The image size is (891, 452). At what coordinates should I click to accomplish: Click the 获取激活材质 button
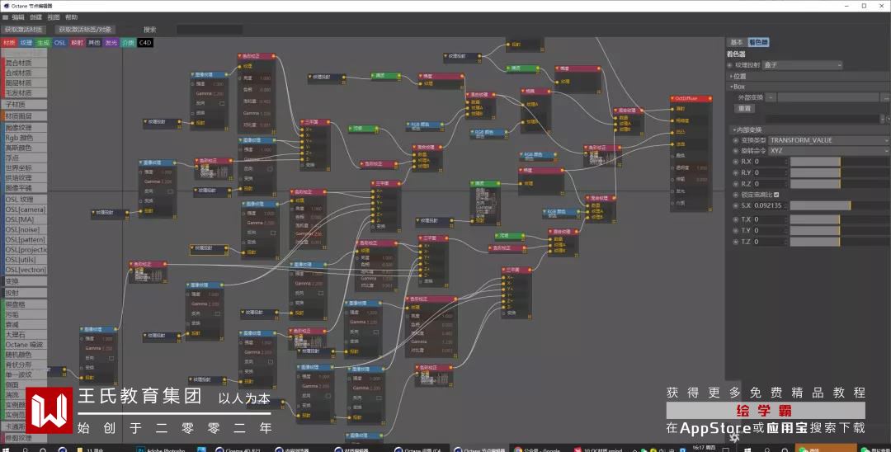click(x=23, y=30)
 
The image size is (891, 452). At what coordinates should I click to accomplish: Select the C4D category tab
click(x=145, y=42)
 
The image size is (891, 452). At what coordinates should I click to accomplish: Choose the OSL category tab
click(x=60, y=42)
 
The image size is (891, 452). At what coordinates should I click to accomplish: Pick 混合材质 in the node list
click(x=20, y=62)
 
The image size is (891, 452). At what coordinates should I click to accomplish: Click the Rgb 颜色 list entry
click(x=20, y=138)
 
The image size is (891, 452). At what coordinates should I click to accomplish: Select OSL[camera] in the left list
click(x=26, y=210)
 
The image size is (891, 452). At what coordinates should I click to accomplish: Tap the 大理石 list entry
click(x=16, y=335)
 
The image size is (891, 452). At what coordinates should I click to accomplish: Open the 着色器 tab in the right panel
click(x=758, y=42)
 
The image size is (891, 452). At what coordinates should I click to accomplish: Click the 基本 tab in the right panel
click(x=736, y=42)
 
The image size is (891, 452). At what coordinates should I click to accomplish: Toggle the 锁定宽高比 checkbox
click(x=777, y=195)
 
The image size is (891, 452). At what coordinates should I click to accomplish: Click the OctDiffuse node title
click(x=691, y=98)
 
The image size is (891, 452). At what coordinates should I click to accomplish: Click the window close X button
click(x=879, y=6)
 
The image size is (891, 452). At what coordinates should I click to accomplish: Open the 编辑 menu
click(x=18, y=16)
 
